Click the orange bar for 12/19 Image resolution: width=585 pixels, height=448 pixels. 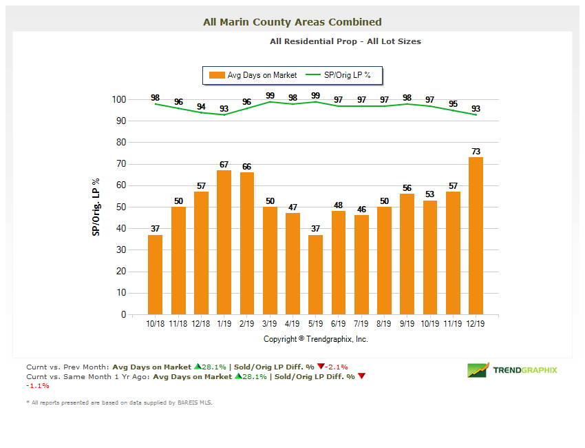coord(476,236)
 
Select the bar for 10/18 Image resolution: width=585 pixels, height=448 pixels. coord(156,274)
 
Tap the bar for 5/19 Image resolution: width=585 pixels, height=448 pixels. coord(316,274)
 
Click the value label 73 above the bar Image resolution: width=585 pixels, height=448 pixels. coord(476,152)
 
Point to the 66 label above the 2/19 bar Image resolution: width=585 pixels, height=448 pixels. coord(247,167)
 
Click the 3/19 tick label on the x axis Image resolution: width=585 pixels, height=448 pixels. coord(270,323)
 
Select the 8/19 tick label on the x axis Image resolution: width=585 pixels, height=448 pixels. coord(384,323)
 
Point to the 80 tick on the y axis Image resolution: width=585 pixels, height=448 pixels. coord(120,143)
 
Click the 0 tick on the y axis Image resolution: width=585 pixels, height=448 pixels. coord(123,314)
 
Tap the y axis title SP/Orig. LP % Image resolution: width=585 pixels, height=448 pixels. coord(96,207)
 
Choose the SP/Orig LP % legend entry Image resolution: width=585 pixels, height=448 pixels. coord(339,75)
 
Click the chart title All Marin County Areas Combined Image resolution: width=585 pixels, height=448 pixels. coord(292,22)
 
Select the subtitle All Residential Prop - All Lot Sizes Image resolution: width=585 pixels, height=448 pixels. coord(345,41)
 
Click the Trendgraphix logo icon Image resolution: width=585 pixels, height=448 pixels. coord(478,370)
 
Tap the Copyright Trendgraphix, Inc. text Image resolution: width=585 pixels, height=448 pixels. coord(316,339)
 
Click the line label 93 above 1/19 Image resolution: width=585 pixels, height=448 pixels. coord(224,109)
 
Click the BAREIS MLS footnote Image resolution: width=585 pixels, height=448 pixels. coord(119,403)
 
